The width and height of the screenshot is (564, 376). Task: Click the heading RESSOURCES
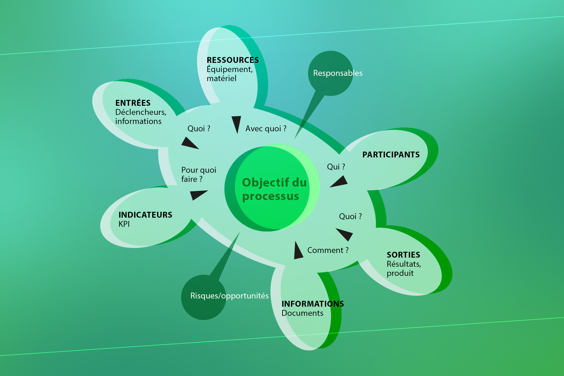pyautogui.click(x=233, y=60)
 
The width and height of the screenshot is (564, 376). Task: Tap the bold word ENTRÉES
pyautogui.click(x=133, y=103)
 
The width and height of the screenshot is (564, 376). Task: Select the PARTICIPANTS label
pyautogui.click(x=391, y=155)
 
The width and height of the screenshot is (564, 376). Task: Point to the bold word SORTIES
pyautogui.click(x=403, y=255)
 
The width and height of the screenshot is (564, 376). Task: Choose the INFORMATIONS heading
pyautogui.click(x=313, y=304)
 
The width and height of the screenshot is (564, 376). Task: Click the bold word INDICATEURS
pyautogui.click(x=145, y=215)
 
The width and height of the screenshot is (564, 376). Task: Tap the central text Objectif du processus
pyautogui.click(x=274, y=189)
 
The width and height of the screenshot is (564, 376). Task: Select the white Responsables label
pyautogui.click(x=338, y=73)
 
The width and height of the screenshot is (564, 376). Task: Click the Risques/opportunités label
pyautogui.click(x=229, y=296)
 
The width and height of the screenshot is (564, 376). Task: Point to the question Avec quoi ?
pyautogui.click(x=266, y=129)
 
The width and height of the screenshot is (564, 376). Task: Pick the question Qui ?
pyautogui.click(x=336, y=167)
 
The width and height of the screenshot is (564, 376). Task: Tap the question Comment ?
pyautogui.click(x=328, y=250)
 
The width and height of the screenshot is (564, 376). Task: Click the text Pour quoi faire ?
pyautogui.click(x=199, y=174)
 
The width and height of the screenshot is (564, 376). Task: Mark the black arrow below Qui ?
pyautogui.click(x=339, y=182)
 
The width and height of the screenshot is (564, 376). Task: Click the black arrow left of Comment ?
pyautogui.click(x=298, y=250)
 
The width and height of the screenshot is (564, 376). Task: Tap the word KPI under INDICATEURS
pyautogui.click(x=124, y=224)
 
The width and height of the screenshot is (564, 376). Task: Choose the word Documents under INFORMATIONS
pyautogui.click(x=302, y=313)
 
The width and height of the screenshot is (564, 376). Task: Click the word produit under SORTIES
pyautogui.click(x=400, y=273)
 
